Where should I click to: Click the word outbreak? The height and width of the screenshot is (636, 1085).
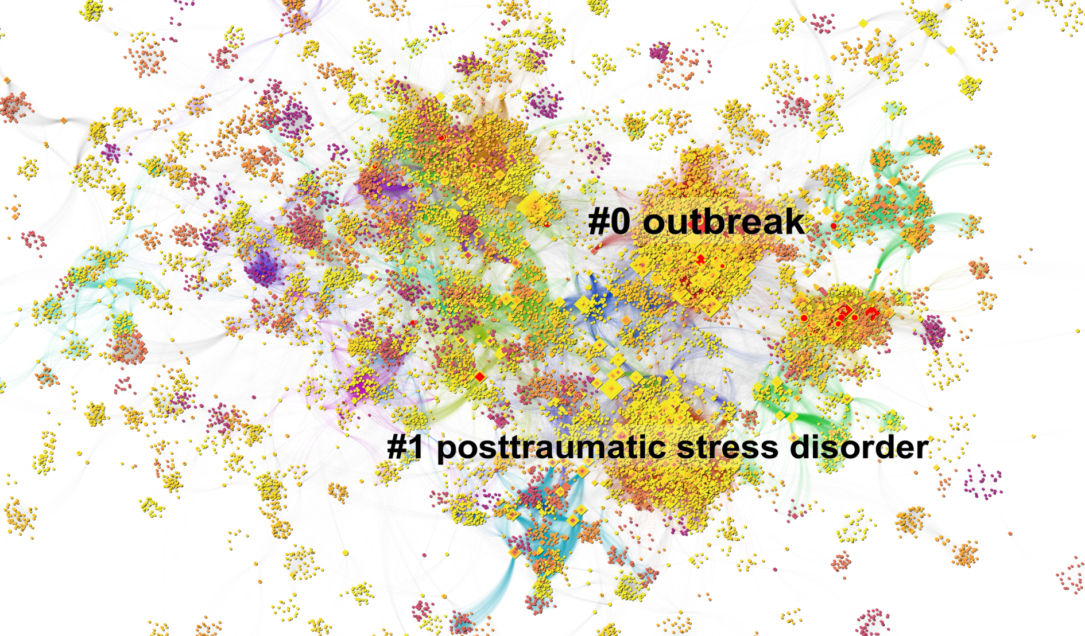click(723, 222)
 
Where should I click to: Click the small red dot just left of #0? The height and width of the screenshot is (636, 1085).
click(548, 224)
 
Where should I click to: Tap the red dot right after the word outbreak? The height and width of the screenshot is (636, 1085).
click(834, 226)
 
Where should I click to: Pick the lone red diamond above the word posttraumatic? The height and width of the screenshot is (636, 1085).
click(480, 377)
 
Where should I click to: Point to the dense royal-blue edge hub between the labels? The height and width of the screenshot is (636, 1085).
click(591, 304)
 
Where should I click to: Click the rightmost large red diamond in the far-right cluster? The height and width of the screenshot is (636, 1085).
click(872, 313)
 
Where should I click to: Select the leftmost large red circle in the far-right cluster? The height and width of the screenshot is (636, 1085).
click(804, 318)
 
